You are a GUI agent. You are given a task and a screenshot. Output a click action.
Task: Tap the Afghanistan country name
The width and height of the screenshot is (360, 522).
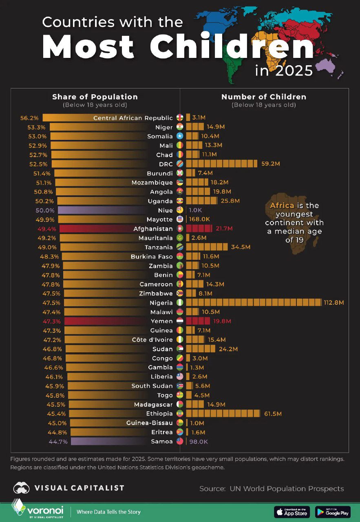coord(153,229)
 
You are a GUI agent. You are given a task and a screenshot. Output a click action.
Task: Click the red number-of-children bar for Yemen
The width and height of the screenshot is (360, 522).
coord(198,321)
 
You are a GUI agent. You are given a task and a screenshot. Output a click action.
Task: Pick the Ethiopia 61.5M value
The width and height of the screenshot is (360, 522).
coord(273,414)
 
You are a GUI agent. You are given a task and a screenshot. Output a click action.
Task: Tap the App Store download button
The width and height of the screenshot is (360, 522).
coord(292,512)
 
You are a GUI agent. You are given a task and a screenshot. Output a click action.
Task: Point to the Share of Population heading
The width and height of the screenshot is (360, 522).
coord(95,97)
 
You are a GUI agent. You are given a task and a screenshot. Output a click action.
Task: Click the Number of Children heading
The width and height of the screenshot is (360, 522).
coord(264,97)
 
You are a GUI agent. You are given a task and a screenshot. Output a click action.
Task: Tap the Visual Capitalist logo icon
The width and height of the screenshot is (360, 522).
coord(21,488)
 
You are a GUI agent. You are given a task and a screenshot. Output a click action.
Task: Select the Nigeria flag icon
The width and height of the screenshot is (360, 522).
coord(180,303)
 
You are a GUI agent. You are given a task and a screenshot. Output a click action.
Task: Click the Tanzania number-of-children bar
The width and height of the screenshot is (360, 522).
coord(207,247)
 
